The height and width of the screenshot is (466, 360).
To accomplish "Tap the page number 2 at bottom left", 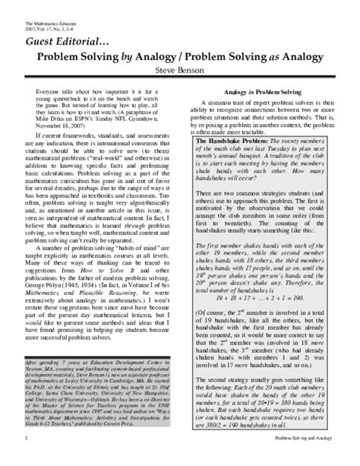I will tap(26, 458).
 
